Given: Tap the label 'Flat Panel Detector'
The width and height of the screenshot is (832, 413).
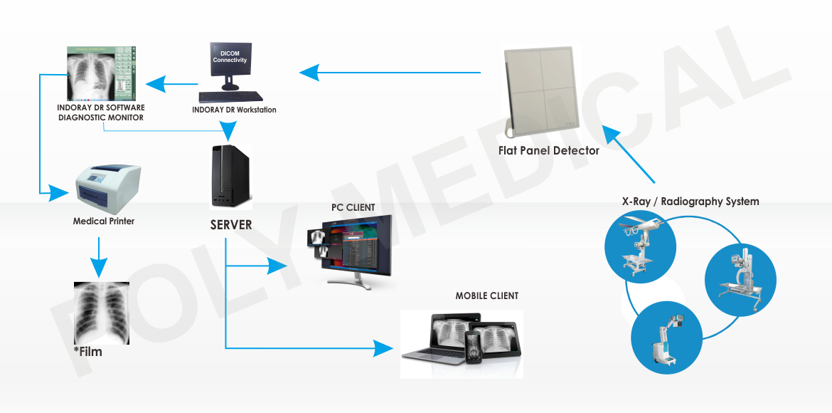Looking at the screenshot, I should tap(548, 150).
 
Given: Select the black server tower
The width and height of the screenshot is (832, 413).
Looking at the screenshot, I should tap(231, 175).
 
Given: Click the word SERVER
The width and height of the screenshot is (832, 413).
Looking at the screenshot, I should tap(231, 225).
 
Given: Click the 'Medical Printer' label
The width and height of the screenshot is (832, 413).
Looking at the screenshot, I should tap(104, 221).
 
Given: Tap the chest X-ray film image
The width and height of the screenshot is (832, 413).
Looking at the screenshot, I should tap(102, 313).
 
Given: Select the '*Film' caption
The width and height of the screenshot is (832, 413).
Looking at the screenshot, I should tap(88, 352).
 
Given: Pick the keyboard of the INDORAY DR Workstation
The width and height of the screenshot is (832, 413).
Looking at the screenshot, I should tap(230, 96).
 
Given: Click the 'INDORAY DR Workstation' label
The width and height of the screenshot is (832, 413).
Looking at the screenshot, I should tap(234, 110).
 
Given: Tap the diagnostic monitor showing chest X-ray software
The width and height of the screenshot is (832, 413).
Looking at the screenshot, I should tap(100, 73).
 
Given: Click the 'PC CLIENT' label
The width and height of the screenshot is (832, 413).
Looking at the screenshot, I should tap(353, 207).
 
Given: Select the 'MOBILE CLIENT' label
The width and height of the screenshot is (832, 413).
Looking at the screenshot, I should tap(487, 296).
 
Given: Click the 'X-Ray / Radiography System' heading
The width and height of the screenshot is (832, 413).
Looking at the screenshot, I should tap(690, 202).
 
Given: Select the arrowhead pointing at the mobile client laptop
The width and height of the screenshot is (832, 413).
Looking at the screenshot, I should tap(385, 348).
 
